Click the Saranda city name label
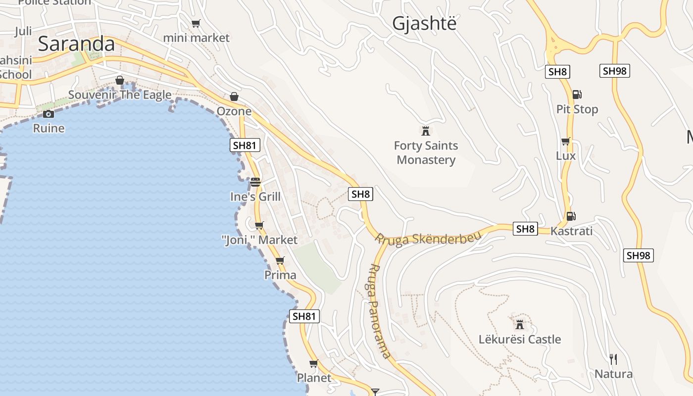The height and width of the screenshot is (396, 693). (x=76, y=44)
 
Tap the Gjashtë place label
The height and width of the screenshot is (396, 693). (x=424, y=23)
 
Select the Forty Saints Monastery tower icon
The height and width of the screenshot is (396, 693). (x=425, y=131)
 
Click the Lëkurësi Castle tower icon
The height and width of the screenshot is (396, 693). (x=520, y=325)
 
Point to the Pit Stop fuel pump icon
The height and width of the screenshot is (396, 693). (x=577, y=95)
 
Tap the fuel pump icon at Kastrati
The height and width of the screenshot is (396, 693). (x=571, y=216)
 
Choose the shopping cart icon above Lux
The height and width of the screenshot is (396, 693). (x=565, y=142)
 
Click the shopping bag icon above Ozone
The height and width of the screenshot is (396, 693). (x=234, y=97)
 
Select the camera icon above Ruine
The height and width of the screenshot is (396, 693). (x=49, y=114)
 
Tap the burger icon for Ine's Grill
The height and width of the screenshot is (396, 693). (x=255, y=182)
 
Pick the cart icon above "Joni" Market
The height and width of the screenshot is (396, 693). (x=259, y=226)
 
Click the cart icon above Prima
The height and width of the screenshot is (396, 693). (x=280, y=260)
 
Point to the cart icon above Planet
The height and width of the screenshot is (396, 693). (x=313, y=364)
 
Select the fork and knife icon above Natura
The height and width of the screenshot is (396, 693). (x=613, y=359)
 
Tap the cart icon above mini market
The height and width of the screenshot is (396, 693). (x=196, y=23)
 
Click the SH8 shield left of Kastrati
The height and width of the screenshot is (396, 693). (x=525, y=229)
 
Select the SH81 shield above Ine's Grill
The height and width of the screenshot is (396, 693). (x=245, y=145)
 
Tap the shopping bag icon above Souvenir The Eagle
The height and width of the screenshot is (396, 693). (x=120, y=80)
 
